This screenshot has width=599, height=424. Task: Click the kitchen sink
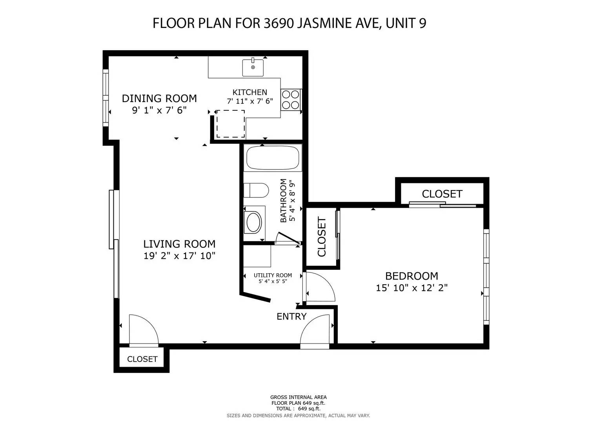pyautogui.click(x=253, y=67)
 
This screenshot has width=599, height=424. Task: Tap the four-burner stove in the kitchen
pyautogui.click(x=291, y=99)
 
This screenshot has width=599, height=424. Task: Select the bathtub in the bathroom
pyautogui.click(x=272, y=158)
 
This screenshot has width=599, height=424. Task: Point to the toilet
pyautogui.click(x=256, y=190)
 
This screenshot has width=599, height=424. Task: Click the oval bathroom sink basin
pyautogui.click(x=253, y=222)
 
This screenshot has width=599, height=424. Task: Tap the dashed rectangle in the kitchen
pyautogui.click(x=231, y=124)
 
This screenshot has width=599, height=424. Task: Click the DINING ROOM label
pyautogui.click(x=159, y=98)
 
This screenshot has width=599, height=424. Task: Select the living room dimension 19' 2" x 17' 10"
pyautogui.click(x=179, y=256)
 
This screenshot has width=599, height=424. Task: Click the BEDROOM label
pyautogui.click(x=411, y=276)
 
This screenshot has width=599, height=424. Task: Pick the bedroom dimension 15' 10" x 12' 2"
pyautogui.click(x=411, y=288)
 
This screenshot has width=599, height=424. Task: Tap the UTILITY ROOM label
pyautogui.click(x=273, y=275)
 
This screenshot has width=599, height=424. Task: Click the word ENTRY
pyautogui.click(x=291, y=316)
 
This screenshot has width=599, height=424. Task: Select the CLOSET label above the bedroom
pyautogui.click(x=442, y=194)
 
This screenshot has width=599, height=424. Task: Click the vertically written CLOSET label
pyautogui.click(x=322, y=237)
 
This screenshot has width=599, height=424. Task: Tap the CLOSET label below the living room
pyautogui.click(x=142, y=359)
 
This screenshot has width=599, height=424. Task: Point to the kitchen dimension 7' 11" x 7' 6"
pyautogui.click(x=250, y=101)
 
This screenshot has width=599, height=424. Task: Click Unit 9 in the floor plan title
pyautogui.click(x=406, y=24)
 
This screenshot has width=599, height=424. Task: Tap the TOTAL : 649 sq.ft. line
pyautogui.click(x=298, y=408)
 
